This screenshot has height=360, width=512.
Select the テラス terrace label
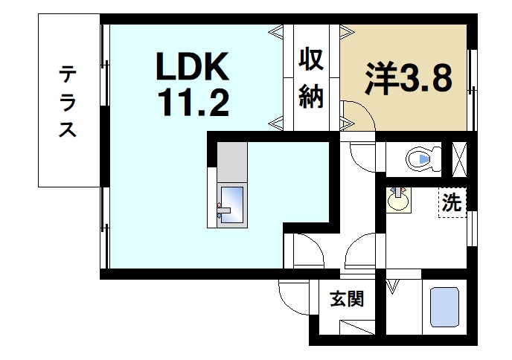click(x=68, y=101)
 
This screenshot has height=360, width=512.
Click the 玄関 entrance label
click(x=347, y=300)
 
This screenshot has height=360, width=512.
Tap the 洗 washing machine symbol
click(x=451, y=202)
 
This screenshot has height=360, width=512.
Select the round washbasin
click(x=399, y=199)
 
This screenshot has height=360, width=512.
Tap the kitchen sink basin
click(x=232, y=202)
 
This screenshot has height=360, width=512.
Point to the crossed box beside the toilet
click(x=460, y=157)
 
